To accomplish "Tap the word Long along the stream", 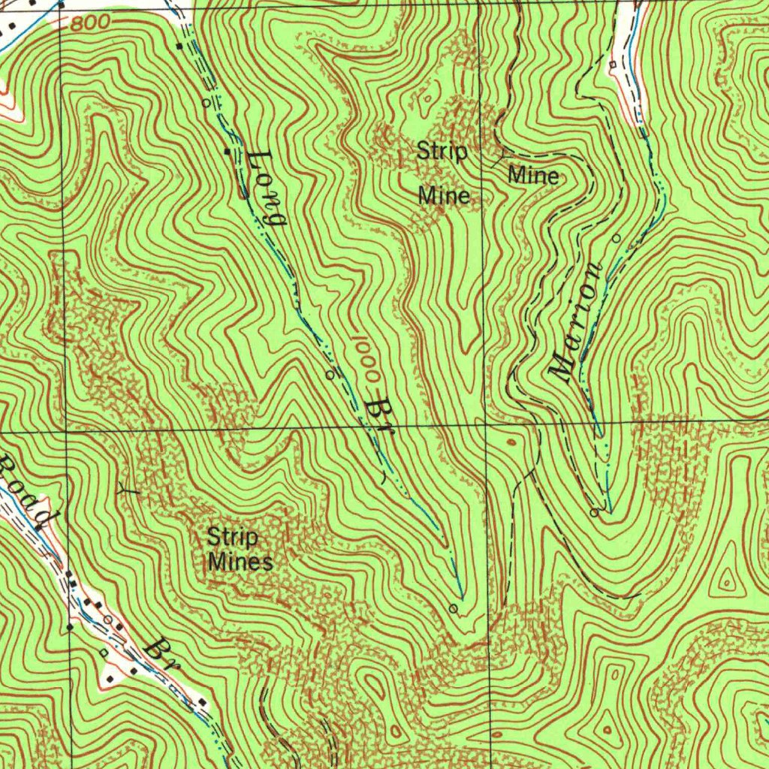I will (267, 188).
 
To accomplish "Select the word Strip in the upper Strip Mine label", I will (442, 152).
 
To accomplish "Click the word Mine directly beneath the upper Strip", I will (444, 196).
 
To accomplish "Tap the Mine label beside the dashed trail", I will (533, 176).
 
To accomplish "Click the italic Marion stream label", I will (578, 323).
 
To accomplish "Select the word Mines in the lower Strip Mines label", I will (240, 561).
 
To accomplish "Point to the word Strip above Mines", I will (232, 538).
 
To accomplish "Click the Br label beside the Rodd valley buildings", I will (162, 654).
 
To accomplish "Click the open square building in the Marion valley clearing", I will (613, 65).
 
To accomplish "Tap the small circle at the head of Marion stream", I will (594, 513).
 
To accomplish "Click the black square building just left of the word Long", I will (228, 152).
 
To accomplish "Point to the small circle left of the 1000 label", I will (329, 373).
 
